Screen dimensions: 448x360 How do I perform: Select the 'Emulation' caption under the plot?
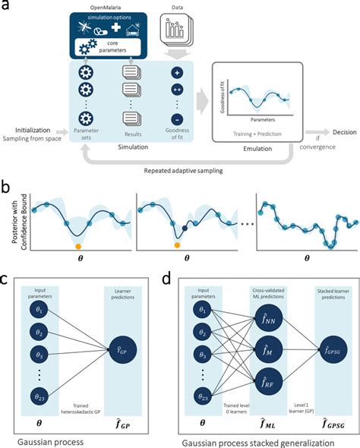tap(253, 150)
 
